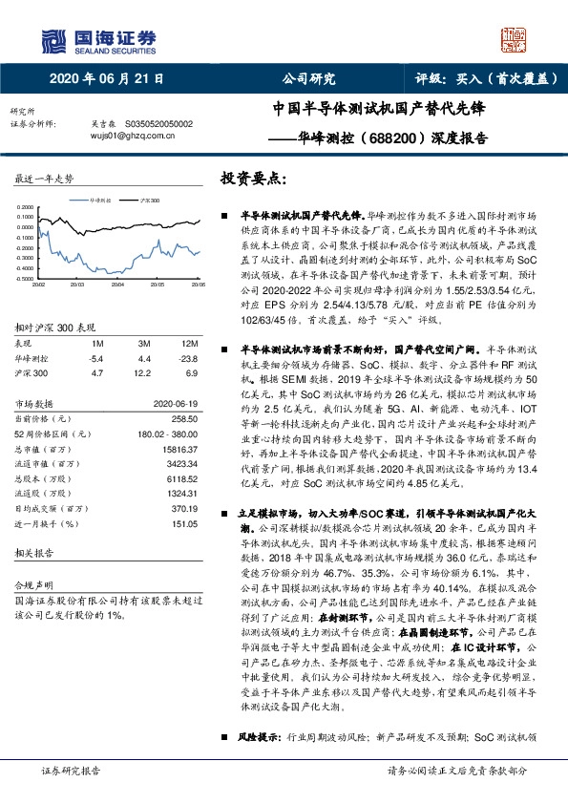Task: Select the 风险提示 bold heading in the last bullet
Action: pyautogui.click(x=258, y=765)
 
